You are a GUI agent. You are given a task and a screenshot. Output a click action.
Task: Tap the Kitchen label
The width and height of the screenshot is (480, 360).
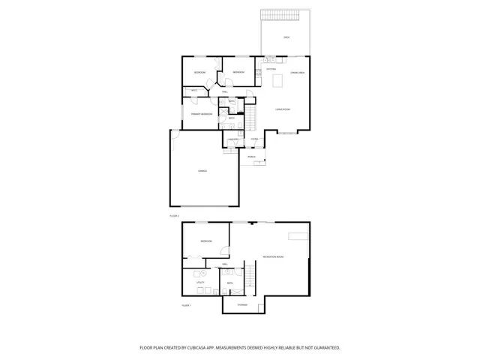[x=271, y=70]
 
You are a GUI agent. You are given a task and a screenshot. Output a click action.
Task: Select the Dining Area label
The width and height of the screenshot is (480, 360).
[x=297, y=72]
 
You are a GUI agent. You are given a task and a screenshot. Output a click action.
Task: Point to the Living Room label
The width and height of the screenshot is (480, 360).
[x=283, y=109]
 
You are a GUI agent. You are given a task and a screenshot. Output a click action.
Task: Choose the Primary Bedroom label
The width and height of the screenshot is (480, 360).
[x=202, y=114]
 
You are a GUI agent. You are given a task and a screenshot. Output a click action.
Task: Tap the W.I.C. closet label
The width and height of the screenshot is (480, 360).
[x=193, y=91]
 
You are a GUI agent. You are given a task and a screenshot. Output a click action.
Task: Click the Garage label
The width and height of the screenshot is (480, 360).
[x=202, y=172]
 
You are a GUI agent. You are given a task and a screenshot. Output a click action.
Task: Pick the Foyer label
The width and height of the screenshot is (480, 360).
[x=255, y=139]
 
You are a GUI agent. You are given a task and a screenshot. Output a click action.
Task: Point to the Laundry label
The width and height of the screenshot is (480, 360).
[x=233, y=139]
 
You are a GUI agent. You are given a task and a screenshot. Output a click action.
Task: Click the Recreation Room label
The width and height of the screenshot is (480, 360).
[x=273, y=257]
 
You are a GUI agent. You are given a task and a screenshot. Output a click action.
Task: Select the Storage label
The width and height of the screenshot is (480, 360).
[x=243, y=304]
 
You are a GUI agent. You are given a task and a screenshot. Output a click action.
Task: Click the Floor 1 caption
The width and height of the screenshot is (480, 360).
[x=187, y=306]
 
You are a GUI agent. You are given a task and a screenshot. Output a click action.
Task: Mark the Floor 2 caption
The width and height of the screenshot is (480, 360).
[x=174, y=216]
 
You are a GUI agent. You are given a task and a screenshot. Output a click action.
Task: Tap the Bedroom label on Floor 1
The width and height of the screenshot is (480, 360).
[x=205, y=241]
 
